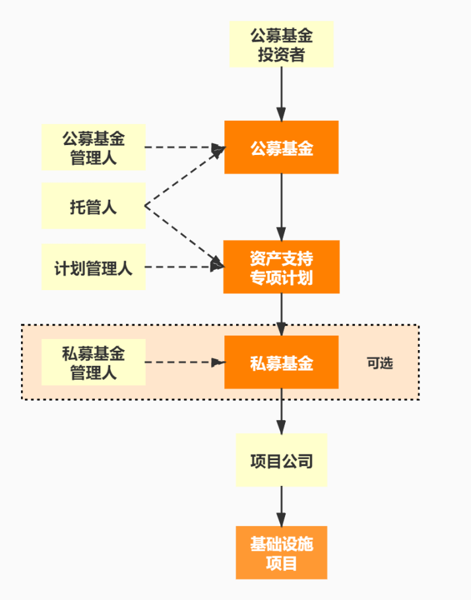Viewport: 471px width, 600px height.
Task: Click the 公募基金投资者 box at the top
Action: (282, 44)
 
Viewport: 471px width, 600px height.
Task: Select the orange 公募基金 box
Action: (282, 148)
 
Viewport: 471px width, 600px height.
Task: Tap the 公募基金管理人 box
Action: (94, 148)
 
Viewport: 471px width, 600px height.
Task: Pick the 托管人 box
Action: (94, 206)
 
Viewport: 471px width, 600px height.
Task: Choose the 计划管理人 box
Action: (94, 267)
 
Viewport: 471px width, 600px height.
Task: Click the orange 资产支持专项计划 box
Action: (282, 267)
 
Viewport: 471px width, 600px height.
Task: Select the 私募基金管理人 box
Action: (94, 362)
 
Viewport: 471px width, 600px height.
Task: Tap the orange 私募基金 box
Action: (282, 362)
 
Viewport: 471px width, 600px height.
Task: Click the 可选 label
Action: (380, 363)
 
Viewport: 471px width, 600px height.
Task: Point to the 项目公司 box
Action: (282, 460)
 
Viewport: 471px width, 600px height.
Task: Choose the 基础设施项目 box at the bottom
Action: (282, 553)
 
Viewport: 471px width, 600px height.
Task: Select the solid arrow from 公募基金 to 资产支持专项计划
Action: (282, 206)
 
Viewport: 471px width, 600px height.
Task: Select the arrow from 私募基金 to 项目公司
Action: (282, 411)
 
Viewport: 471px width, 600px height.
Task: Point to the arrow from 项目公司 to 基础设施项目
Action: (282, 506)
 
